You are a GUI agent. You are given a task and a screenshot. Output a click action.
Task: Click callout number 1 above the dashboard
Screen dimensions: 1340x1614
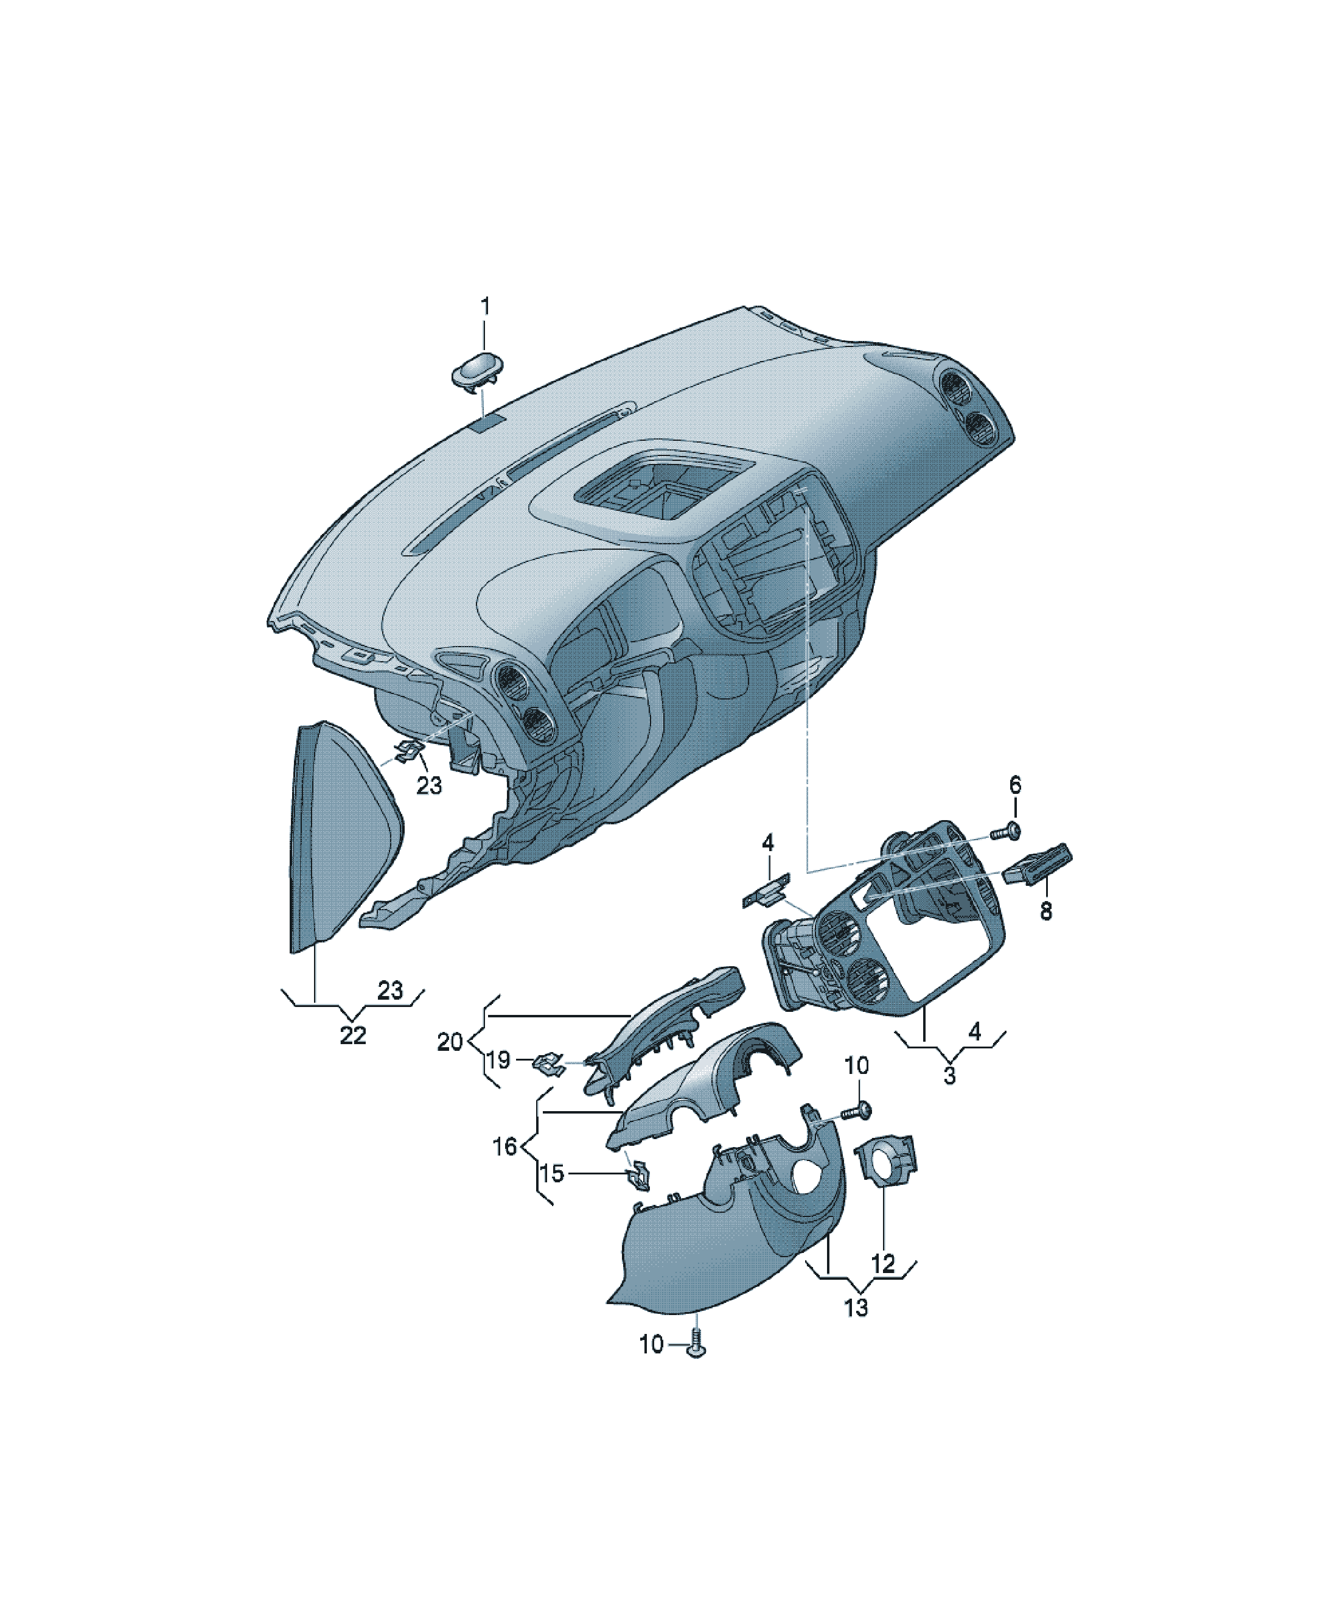pos(485,307)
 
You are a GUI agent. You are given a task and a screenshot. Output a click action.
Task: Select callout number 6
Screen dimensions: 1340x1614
pos(1015,785)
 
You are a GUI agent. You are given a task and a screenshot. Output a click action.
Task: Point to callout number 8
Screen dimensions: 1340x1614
pos(1045,911)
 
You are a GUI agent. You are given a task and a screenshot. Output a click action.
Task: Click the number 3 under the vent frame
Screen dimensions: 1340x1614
pos(950,1076)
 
